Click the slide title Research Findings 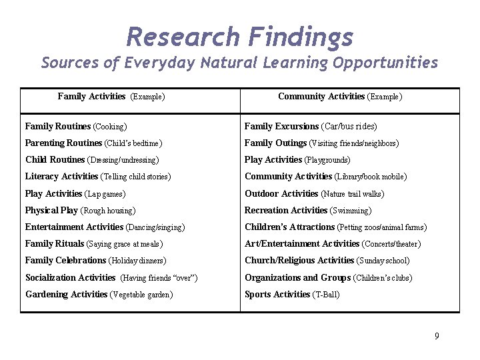pyautogui.click(x=239, y=37)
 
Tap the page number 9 pyautogui.click(x=437, y=336)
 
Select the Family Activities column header pyautogui.click(x=111, y=97)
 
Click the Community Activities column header pyautogui.click(x=339, y=97)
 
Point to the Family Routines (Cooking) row pyautogui.click(x=76, y=126)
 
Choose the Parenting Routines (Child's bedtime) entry pyautogui.click(x=94, y=143)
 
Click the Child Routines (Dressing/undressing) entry pyautogui.click(x=92, y=160)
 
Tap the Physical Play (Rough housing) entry pyautogui.click(x=80, y=211)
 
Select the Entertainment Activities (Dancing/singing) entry pyautogui.click(x=105, y=227)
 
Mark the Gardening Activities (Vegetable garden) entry pyautogui.click(x=99, y=295)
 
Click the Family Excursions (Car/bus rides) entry pyautogui.click(x=311, y=126)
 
